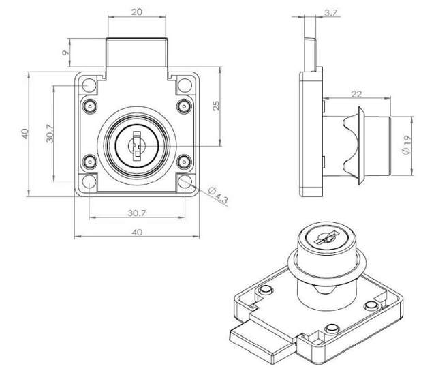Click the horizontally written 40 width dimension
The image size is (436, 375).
coord(136,232)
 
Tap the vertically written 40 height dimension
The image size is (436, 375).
coord(25,134)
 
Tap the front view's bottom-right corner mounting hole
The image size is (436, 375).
coord(183,182)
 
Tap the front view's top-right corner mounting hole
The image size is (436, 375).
coord(183,87)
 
